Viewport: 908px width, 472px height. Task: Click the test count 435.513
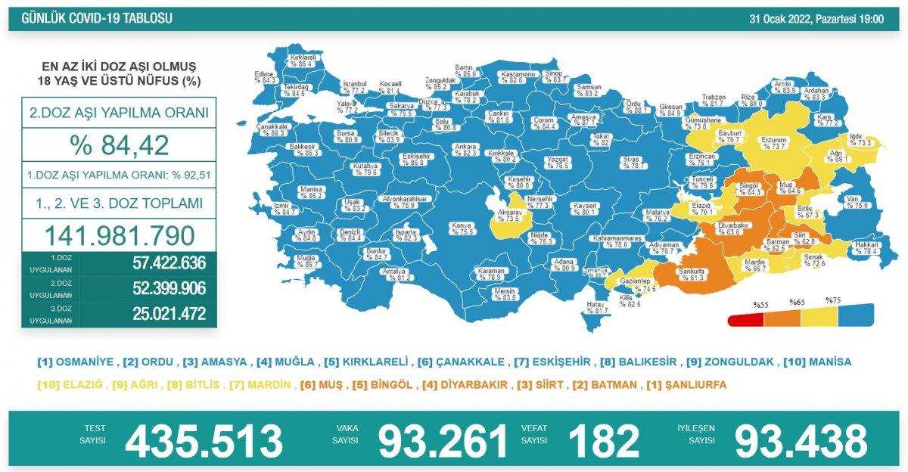pyautogui.click(x=204, y=440)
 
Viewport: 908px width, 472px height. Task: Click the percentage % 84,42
pyautogui.click(x=119, y=145)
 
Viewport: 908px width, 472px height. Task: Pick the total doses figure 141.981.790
pyautogui.click(x=119, y=236)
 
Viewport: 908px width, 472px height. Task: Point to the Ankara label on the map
pyautogui.click(x=465, y=148)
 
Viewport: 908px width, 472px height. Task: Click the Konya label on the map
pyautogui.click(x=462, y=228)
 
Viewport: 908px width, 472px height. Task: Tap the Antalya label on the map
pyautogui.click(x=397, y=273)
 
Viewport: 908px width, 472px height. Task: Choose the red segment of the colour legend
pyautogui.click(x=745, y=321)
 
